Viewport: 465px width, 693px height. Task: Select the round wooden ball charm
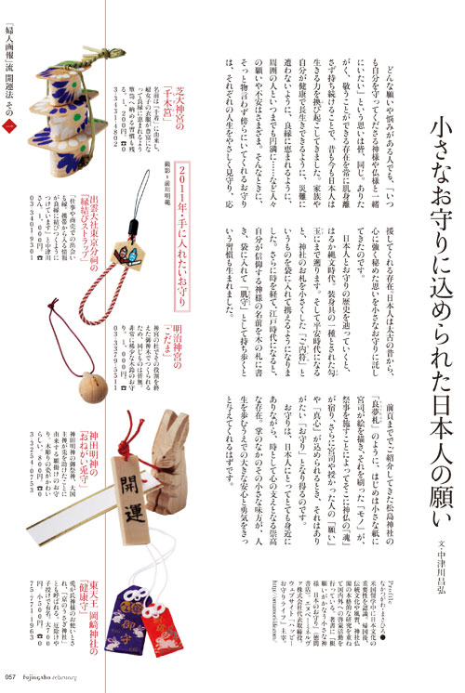tap(67, 357)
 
